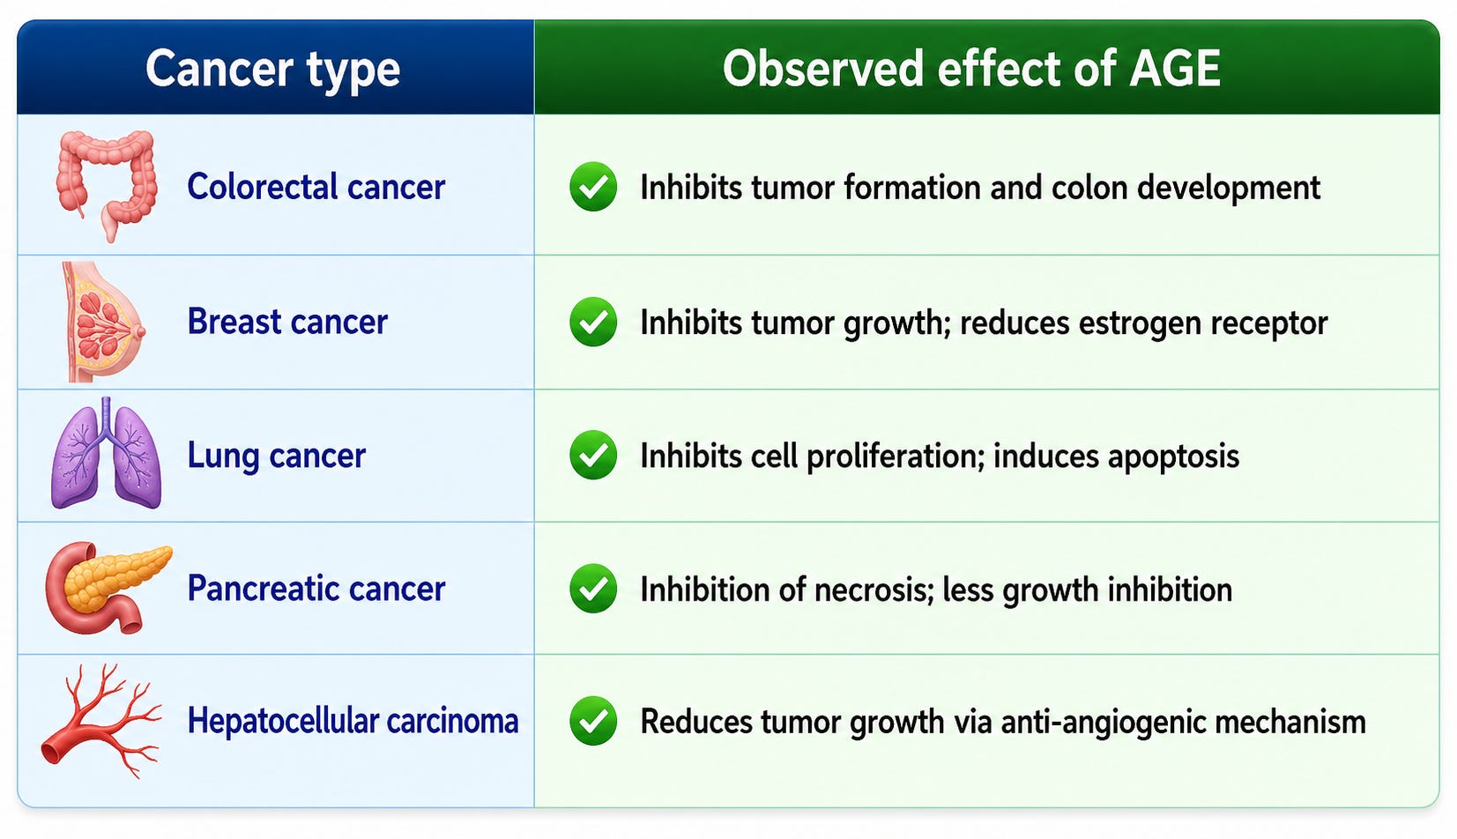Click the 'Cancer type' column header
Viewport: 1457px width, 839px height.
tap(272, 70)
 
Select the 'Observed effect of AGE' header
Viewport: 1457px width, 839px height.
tap(971, 68)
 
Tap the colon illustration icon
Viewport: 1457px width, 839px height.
tap(107, 185)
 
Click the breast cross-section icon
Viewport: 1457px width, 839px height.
tap(103, 323)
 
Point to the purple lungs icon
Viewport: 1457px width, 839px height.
tap(106, 453)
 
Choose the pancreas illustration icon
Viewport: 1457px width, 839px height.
tap(108, 587)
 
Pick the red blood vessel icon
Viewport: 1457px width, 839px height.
tap(100, 720)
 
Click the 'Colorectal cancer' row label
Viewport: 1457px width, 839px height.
tap(316, 187)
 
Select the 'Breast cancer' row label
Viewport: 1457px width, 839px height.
tap(287, 322)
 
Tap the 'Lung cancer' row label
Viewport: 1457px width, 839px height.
tap(277, 456)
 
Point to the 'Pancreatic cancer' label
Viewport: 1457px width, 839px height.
tap(316, 589)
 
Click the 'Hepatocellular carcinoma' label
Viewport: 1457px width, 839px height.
tap(353, 721)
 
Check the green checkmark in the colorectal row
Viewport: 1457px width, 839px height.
tap(593, 187)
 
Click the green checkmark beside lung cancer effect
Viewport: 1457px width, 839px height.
tap(593, 456)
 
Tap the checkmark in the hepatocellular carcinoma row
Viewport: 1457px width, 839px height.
tap(593, 721)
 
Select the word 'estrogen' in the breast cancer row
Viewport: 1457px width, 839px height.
tap(1139, 324)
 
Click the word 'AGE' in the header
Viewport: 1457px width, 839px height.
tap(1175, 68)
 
